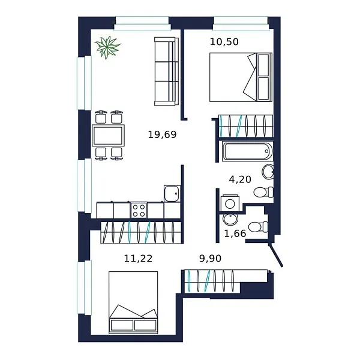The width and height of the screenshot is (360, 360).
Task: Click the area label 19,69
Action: click(162, 134)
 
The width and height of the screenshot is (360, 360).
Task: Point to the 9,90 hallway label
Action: click(211, 259)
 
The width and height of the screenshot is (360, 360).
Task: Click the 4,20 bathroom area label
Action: click(240, 178)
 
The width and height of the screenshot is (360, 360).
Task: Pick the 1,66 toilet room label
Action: click(235, 233)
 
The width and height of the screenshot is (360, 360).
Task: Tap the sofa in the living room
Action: click(166, 71)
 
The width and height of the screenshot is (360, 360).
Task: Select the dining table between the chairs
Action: click(109, 135)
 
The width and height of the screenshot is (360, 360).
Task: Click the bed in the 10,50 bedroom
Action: click(240, 77)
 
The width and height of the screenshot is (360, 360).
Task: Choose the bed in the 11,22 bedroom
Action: click(133, 302)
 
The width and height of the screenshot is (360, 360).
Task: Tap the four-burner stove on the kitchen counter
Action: click(139, 210)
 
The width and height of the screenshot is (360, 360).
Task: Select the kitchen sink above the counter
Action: click(172, 193)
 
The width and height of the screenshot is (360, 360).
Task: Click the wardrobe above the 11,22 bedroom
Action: click(140, 232)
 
